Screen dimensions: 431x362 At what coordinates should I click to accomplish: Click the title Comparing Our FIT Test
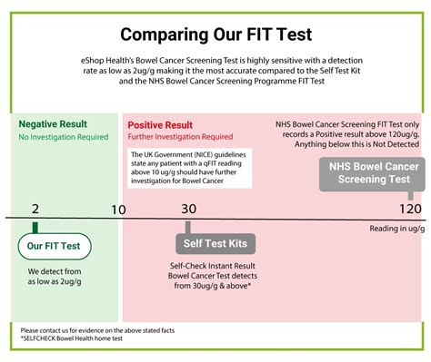215,34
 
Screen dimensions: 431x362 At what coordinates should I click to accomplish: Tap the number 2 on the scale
35,209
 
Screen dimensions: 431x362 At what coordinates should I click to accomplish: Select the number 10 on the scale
118,210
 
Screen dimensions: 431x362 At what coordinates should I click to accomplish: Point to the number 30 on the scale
189,209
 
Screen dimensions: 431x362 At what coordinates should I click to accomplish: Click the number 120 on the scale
410,209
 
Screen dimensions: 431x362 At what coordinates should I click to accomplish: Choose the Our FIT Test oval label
55,246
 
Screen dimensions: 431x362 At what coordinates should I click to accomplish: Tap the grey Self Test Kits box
215,243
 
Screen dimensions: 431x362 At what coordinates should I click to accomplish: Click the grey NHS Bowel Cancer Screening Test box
372,174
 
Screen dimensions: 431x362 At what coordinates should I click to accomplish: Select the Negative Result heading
53,124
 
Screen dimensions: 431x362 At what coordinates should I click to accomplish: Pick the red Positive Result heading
160,125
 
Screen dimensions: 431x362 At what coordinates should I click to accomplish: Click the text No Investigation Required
64,137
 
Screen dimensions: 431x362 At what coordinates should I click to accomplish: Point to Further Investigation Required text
180,137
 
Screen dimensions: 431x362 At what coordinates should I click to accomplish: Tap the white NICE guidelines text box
189,168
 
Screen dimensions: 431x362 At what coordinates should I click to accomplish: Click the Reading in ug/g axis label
397,229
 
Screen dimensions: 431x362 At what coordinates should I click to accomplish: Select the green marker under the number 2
35,228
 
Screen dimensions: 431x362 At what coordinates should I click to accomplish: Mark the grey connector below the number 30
188,228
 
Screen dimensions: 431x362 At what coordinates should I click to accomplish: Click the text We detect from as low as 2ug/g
55,277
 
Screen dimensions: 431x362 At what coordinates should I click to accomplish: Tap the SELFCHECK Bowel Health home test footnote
72,338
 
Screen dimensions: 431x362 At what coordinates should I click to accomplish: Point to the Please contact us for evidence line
97,330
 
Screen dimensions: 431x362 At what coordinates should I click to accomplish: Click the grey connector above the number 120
411,196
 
